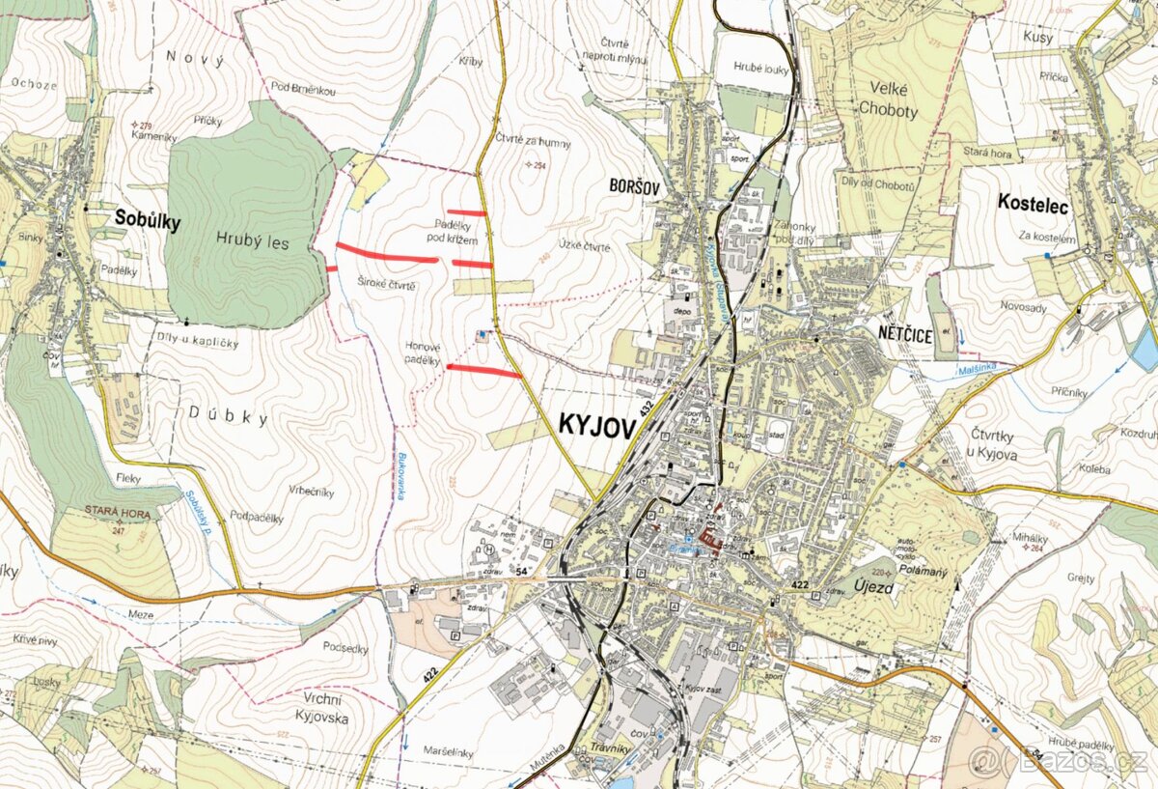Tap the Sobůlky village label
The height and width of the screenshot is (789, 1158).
(x=148, y=220)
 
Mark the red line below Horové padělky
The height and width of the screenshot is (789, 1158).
(x=484, y=370)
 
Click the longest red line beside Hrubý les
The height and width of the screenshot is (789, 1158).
(x=386, y=254)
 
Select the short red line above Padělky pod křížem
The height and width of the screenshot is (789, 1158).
(x=466, y=212)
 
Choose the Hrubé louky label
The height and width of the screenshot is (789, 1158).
(x=761, y=70)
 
